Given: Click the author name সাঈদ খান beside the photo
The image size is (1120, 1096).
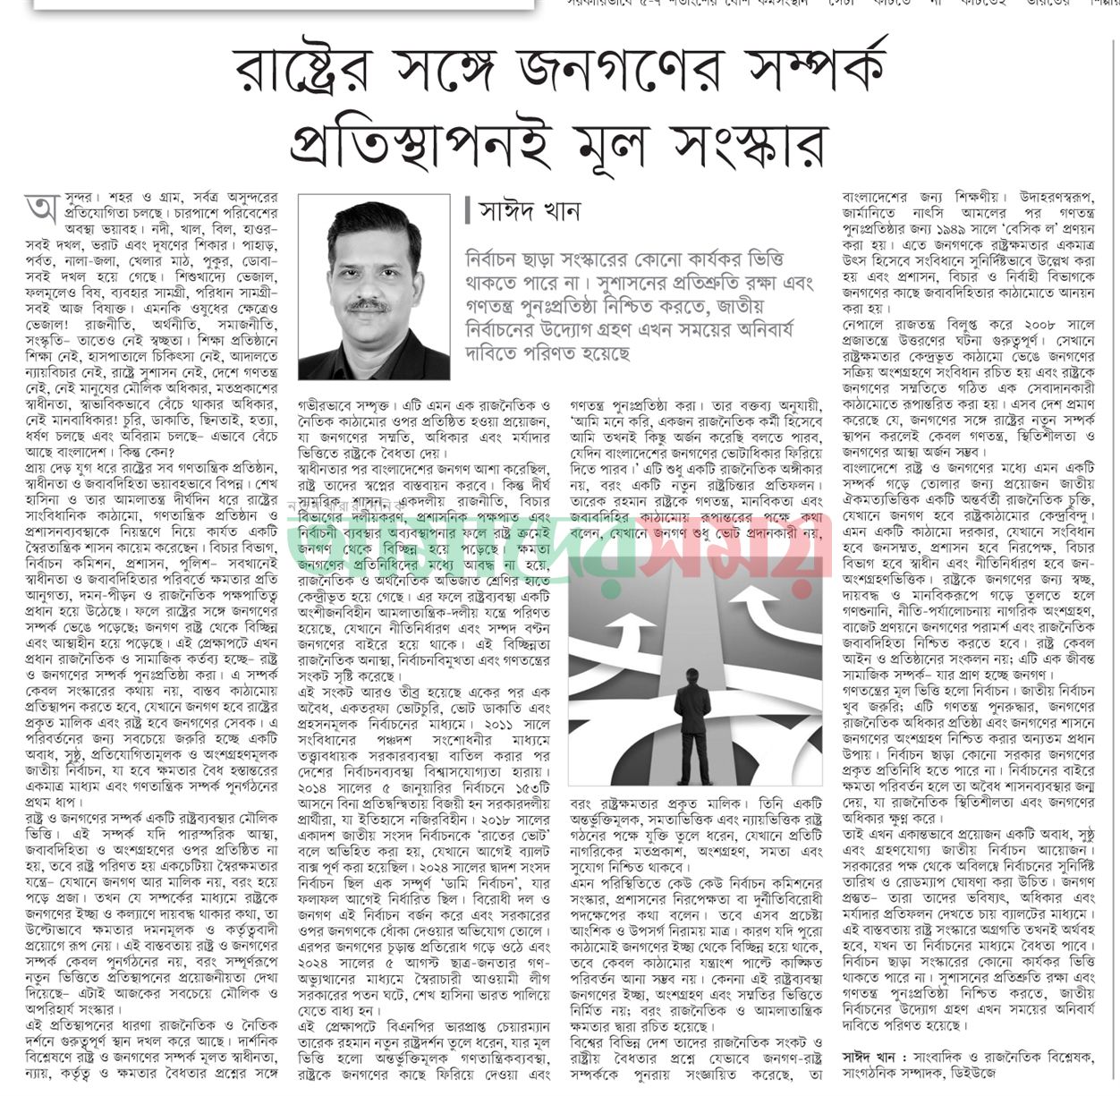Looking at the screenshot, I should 530,212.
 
